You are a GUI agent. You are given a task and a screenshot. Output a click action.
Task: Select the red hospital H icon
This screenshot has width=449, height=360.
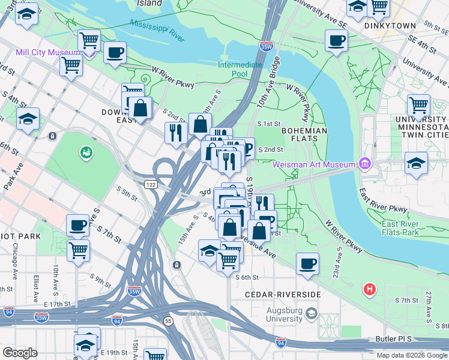tap(370, 290)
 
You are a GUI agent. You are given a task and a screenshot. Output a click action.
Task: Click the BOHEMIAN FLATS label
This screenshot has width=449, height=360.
tap(304, 136)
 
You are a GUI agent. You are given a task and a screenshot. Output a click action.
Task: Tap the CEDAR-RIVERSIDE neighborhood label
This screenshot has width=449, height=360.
tap(283, 295)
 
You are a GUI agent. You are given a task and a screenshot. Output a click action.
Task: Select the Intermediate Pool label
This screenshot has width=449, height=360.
tap(240, 69)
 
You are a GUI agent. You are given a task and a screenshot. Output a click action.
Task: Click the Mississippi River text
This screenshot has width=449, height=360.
tap(157, 29)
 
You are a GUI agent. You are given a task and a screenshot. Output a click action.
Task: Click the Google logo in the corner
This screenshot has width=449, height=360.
tap(20, 353)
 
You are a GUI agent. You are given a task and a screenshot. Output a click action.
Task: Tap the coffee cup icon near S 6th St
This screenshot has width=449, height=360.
tap(307, 263)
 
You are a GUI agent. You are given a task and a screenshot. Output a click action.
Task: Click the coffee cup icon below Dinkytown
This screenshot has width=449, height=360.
tap(336, 41)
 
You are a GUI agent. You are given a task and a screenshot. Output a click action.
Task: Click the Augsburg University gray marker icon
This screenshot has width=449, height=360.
tap(311, 313)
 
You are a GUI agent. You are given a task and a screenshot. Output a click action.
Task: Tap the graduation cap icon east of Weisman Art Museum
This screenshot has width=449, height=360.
tap(416, 163)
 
